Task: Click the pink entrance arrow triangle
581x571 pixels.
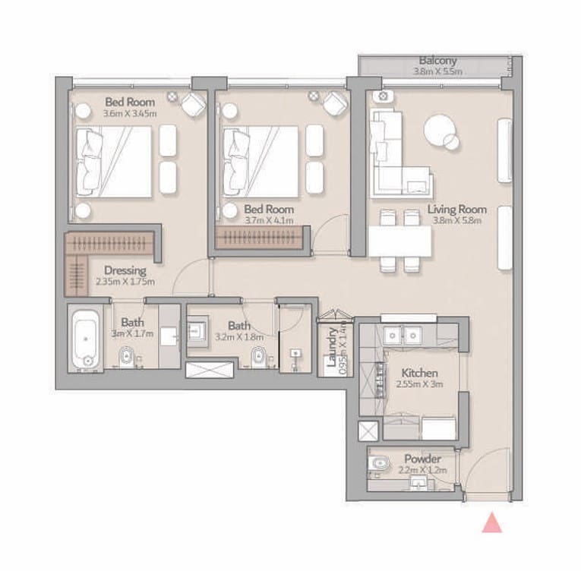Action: point(492,523)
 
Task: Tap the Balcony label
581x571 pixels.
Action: point(437,61)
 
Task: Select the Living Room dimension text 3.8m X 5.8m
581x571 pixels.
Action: point(457,220)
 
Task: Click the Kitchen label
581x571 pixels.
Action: point(419,373)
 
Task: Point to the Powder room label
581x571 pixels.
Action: point(422,459)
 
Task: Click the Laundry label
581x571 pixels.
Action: point(332,347)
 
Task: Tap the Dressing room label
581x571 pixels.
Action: point(125,270)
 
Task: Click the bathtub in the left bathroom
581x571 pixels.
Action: point(86,339)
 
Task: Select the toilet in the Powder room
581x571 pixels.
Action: point(379,463)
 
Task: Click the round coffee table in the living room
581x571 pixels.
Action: point(441,131)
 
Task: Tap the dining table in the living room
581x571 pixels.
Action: point(400,241)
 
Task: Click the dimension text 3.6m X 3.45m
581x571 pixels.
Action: point(130,113)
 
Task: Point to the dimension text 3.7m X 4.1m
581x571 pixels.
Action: point(269,220)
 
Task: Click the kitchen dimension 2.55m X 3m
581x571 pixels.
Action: point(419,384)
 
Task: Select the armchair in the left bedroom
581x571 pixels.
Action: point(194,104)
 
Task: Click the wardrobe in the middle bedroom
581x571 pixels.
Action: point(260,237)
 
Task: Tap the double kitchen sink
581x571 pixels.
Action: point(402,336)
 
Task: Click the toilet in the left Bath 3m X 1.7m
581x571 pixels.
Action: point(126,357)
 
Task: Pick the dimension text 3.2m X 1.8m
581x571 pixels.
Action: point(239,337)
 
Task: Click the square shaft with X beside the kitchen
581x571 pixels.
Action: point(368,431)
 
